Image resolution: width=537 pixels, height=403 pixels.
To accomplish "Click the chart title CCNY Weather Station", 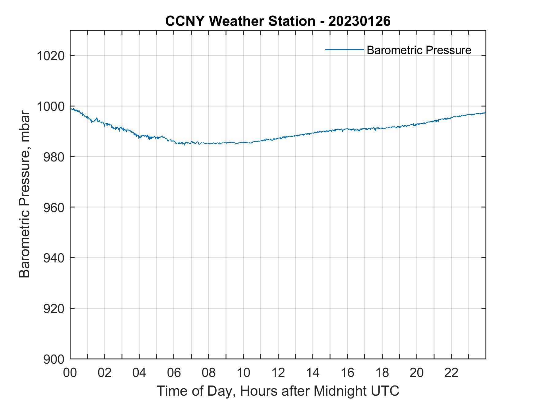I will point(240,21).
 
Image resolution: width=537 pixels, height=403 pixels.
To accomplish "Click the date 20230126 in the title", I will point(359,21).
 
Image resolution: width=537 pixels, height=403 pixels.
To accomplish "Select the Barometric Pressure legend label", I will point(419,50).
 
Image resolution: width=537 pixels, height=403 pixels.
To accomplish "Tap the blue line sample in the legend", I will point(344,49).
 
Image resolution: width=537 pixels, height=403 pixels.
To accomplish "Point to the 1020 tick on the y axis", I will point(50,56).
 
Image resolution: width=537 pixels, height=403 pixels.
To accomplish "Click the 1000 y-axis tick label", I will point(50,107).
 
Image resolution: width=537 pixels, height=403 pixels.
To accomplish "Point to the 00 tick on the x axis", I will point(70,373).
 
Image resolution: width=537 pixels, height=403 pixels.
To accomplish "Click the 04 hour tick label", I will point(139,373).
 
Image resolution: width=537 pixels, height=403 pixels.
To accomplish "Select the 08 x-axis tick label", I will point(209,373).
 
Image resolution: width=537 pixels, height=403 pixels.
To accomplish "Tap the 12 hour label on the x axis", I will point(278,373).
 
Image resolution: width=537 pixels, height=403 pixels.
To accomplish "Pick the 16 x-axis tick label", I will point(347,373).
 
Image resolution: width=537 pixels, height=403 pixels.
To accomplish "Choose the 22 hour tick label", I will point(451,373).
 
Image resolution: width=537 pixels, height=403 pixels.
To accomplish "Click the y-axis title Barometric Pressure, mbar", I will point(25,194).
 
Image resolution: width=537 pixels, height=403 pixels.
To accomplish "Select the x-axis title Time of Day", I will point(278,391).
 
